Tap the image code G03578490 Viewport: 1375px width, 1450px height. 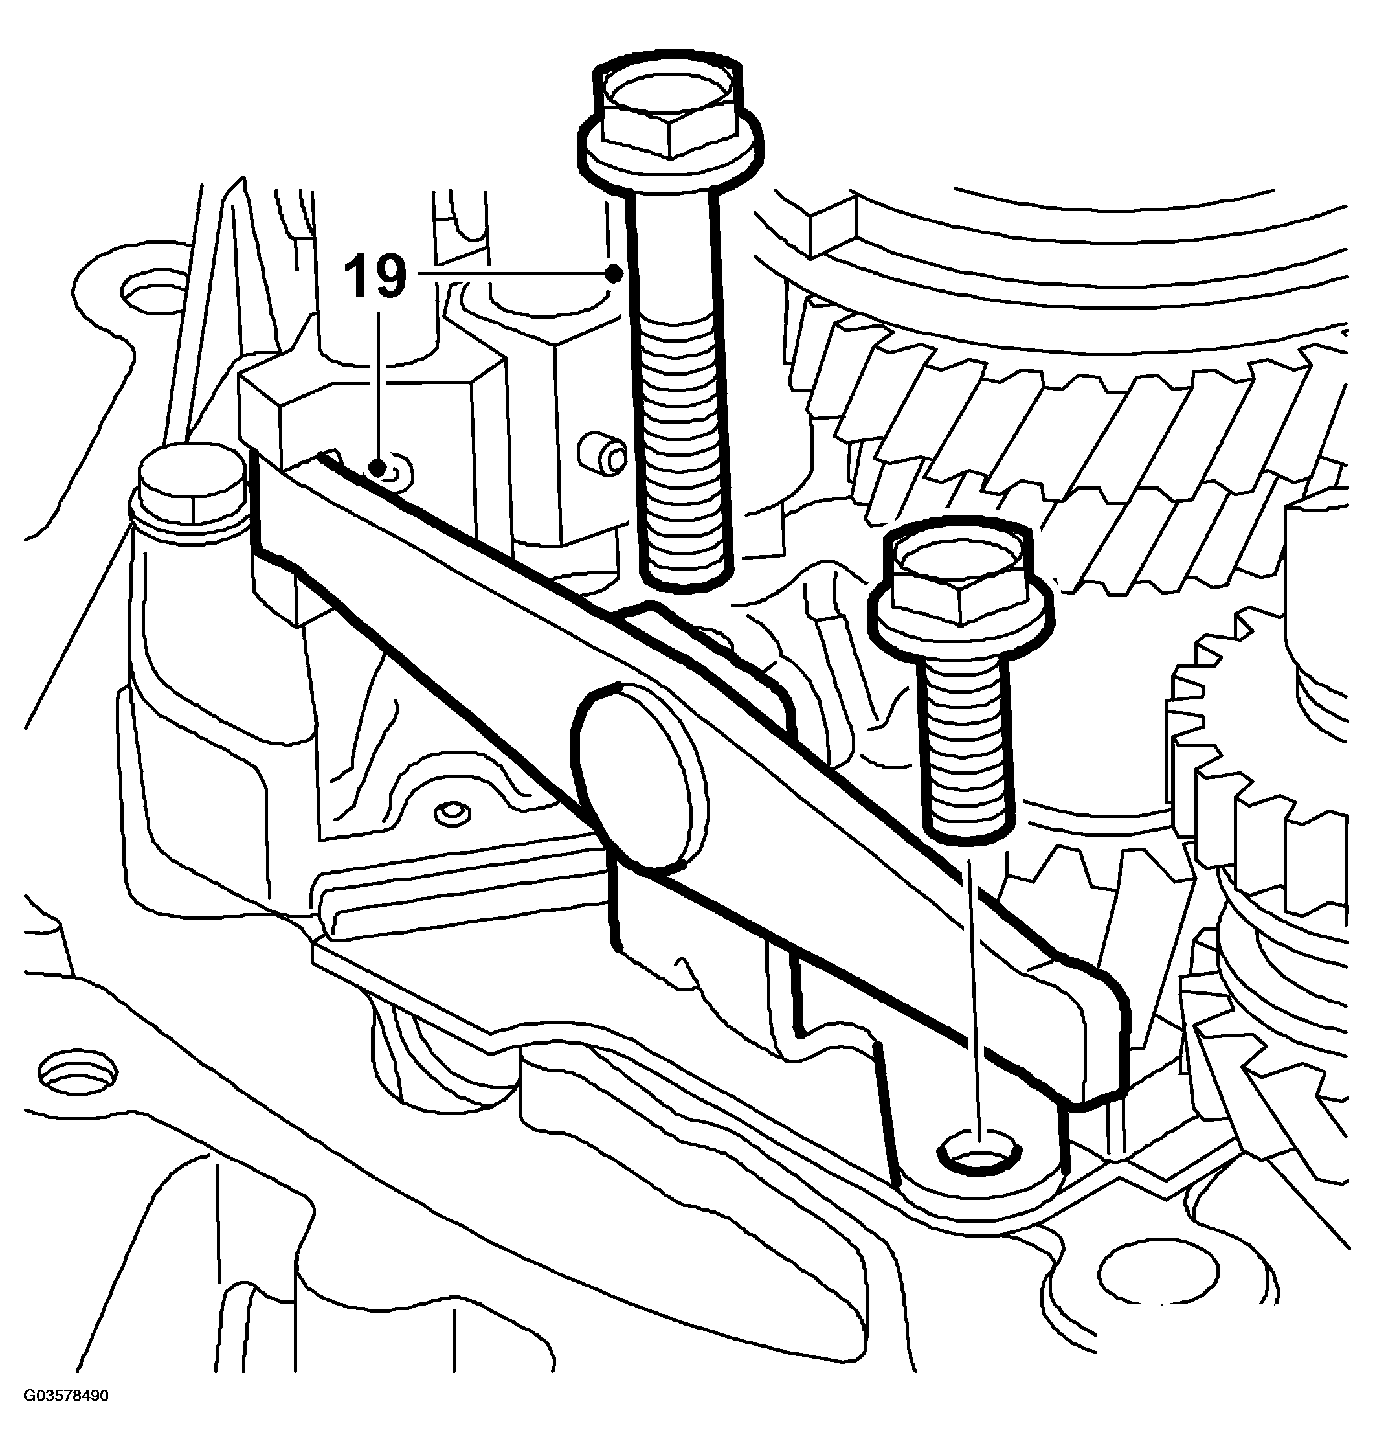coord(66,1416)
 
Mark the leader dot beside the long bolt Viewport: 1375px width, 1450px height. coord(614,274)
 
